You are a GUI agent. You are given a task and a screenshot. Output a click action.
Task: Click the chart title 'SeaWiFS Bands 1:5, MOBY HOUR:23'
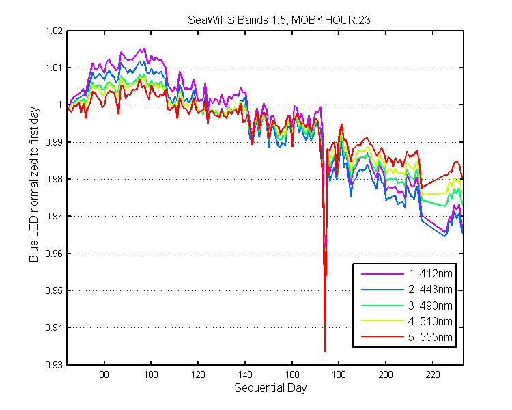click(x=279, y=20)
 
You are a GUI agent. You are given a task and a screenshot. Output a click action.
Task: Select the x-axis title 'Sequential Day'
click(x=270, y=388)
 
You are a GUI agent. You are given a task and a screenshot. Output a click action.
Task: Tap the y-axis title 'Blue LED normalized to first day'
click(x=34, y=184)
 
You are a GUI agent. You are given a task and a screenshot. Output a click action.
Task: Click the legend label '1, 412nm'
click(x=430, y=273)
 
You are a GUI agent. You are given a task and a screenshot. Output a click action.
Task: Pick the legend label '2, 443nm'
click(x=430, y=289)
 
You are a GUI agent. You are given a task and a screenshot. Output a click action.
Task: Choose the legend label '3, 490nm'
click(x=430, y=305)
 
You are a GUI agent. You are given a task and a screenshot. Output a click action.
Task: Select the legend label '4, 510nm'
click(x=430, y=321)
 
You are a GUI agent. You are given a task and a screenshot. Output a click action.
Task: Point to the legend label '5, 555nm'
click(x=430, y=337)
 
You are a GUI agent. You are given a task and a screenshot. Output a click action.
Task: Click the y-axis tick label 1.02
click(x=54, y=31)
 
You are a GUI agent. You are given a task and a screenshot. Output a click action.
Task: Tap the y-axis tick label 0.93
click(x=54, y=364)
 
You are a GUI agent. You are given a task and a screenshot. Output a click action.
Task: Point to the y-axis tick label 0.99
click(x=54, y=142)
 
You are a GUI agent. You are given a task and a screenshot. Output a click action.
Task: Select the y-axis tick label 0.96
click(x=54, y=254)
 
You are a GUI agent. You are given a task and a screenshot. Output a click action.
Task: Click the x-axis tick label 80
click(x=104, y=374)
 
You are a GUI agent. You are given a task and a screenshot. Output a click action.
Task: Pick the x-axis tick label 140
click(x=245, y=374)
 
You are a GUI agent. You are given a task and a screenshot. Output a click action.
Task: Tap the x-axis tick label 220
click(x=433, y=374)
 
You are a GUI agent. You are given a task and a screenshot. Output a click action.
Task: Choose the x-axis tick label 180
click(x=339, y=374)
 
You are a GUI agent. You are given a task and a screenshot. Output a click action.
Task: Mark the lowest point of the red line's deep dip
click(x=325, y=351)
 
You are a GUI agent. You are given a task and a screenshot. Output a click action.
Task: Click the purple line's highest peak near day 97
click(x=144, y=49)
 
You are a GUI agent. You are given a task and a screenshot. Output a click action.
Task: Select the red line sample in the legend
click(x=382, y=336)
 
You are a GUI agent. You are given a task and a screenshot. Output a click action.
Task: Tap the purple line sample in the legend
click(x=382, y=273)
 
